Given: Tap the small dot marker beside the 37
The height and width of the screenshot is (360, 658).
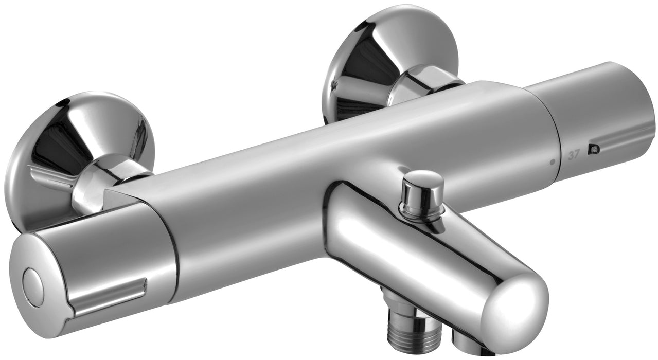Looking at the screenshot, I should coord(552,161).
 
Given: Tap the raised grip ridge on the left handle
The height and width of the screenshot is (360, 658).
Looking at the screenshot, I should coord(111,294).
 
